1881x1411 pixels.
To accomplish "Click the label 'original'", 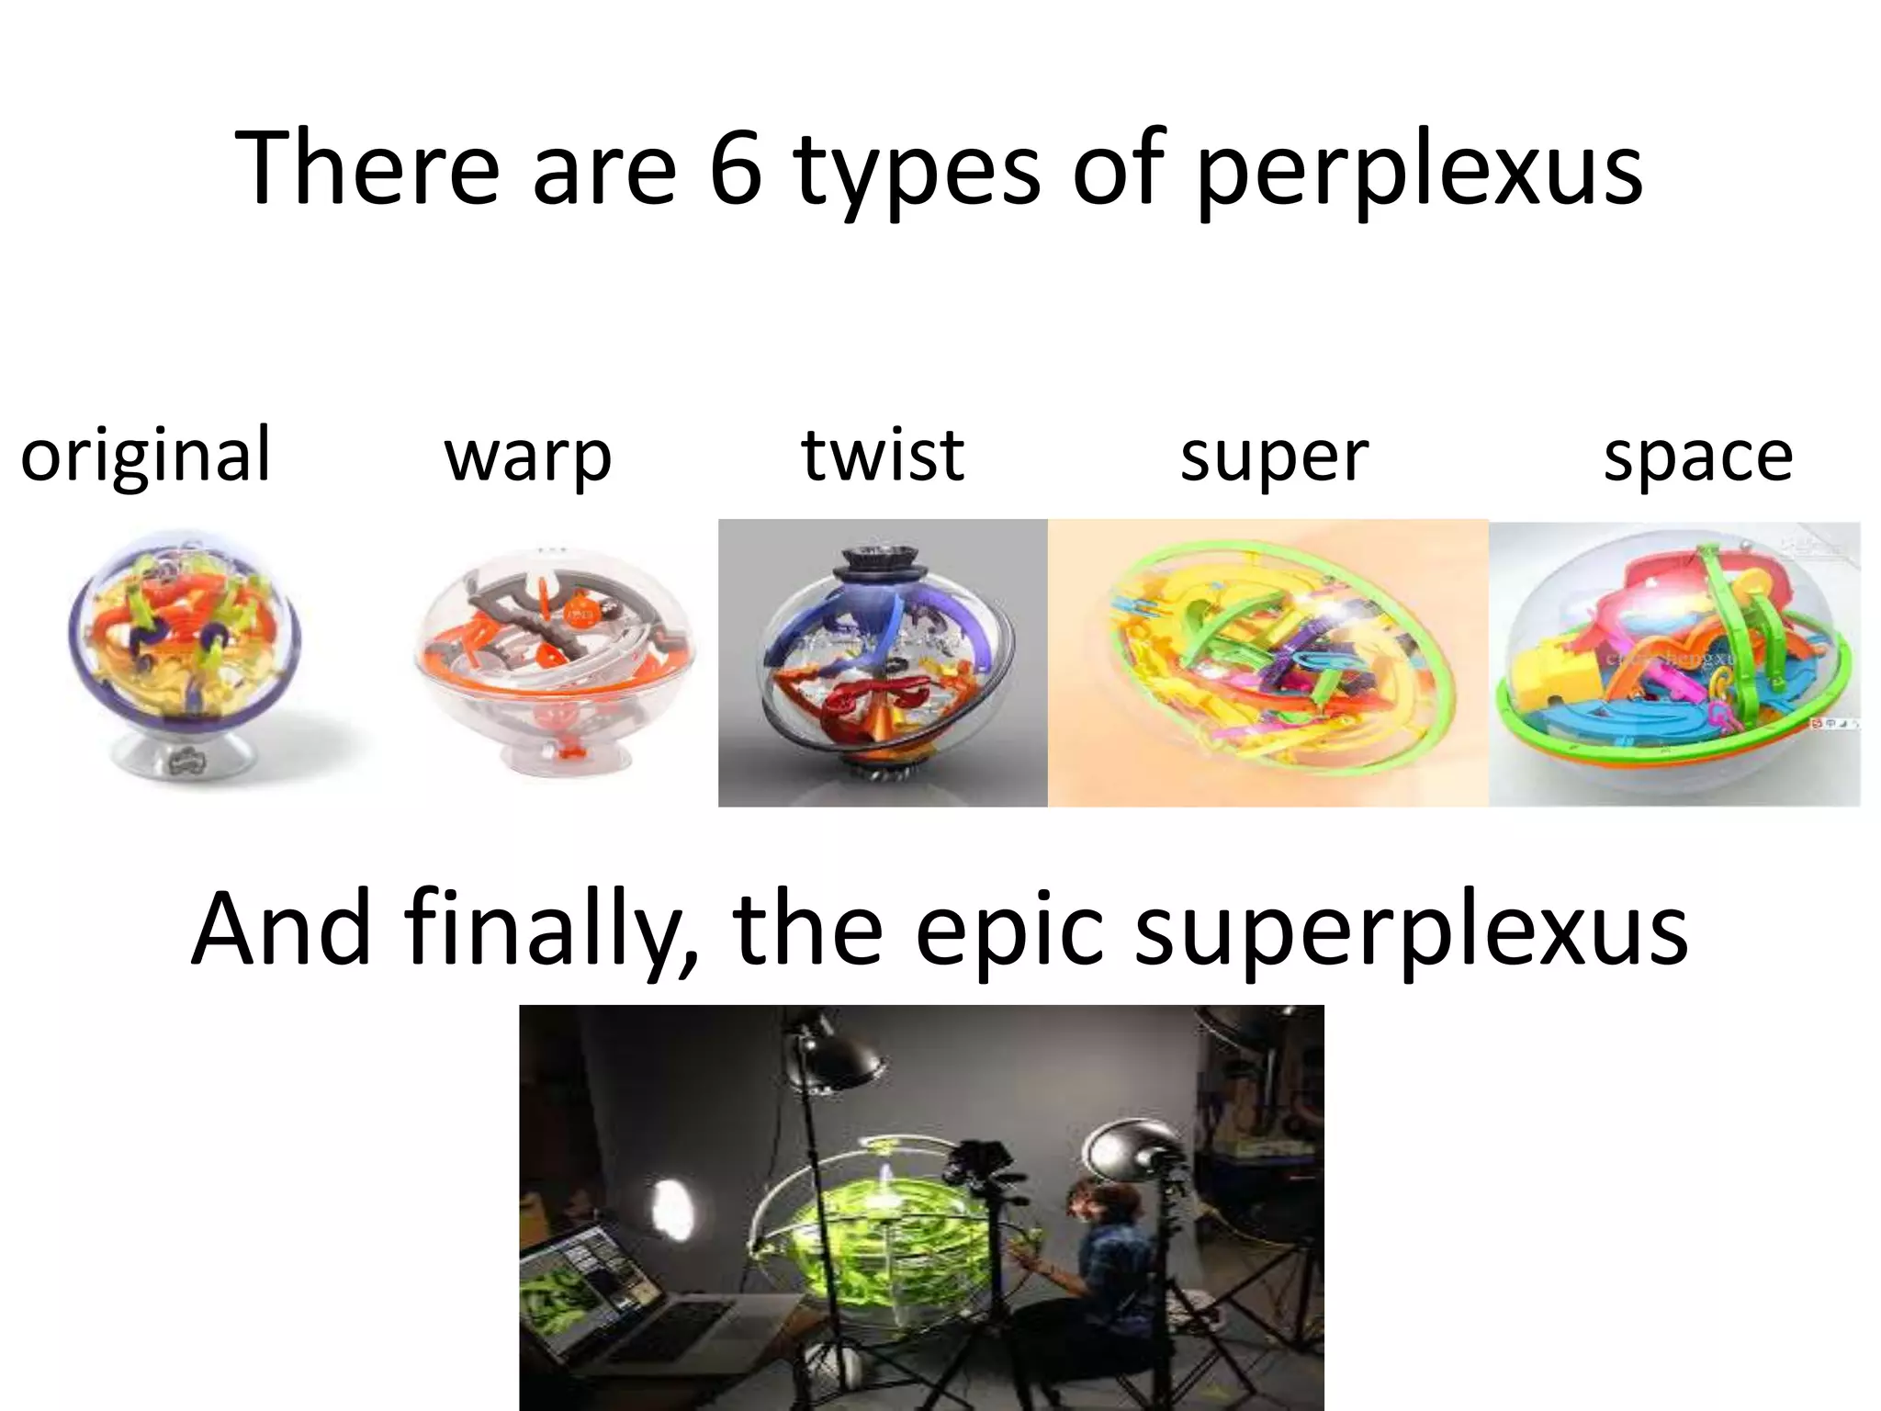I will coord(146,456).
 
